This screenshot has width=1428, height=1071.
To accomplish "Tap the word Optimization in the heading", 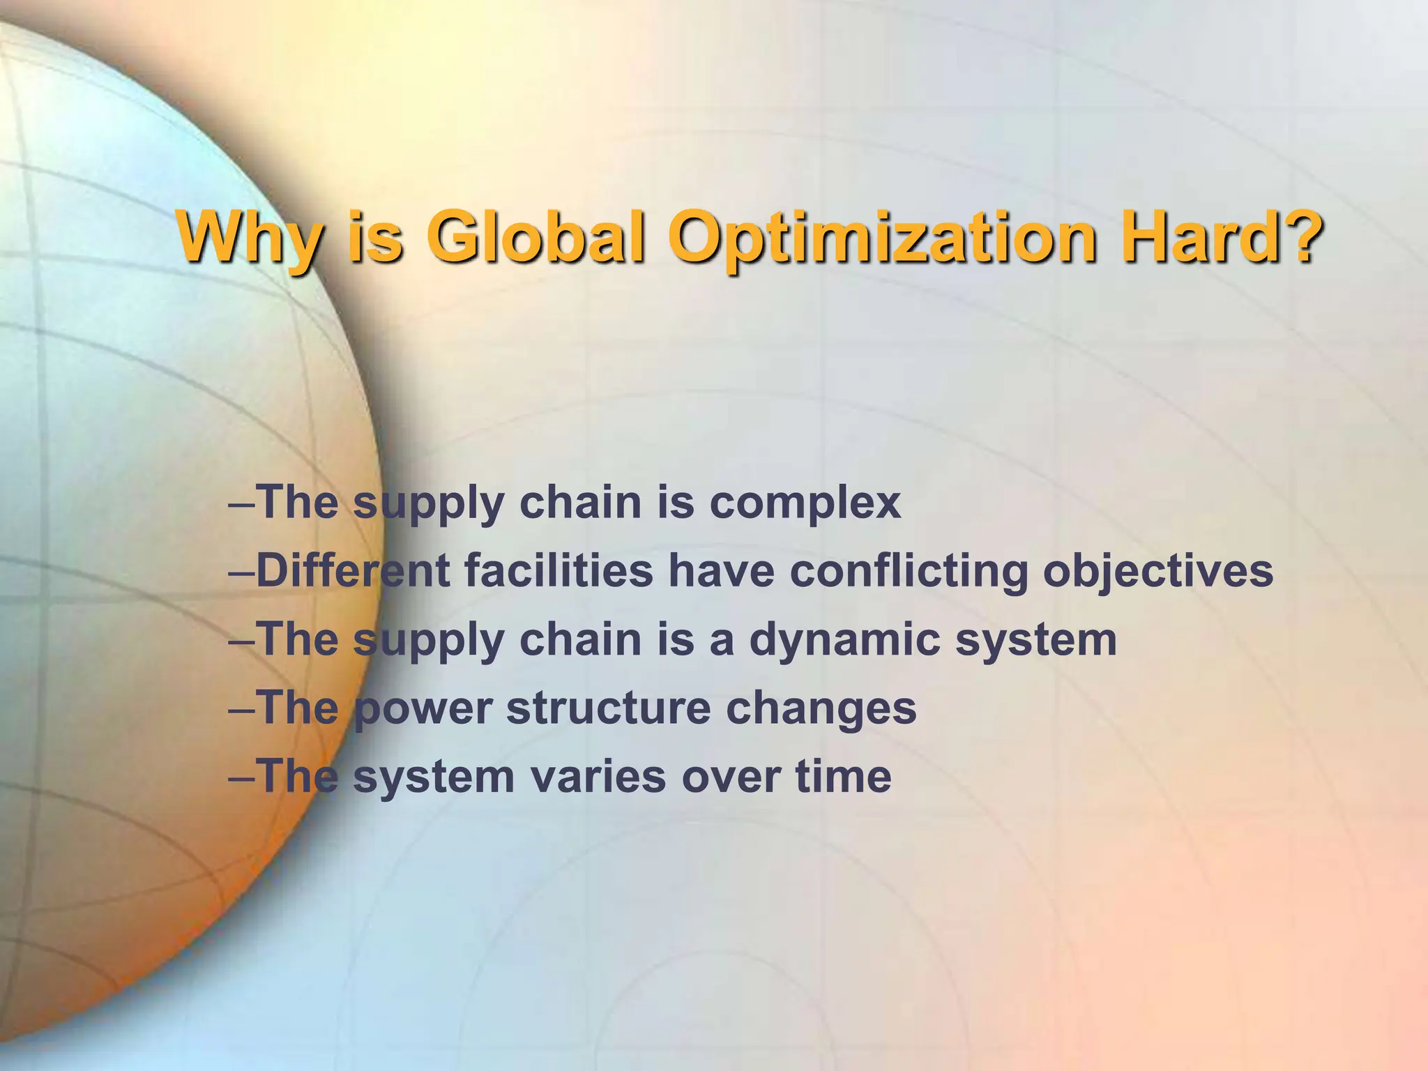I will pos(881,238).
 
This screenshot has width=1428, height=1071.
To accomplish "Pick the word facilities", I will pos(559,570).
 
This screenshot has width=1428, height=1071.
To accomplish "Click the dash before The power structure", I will pos(241,709).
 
